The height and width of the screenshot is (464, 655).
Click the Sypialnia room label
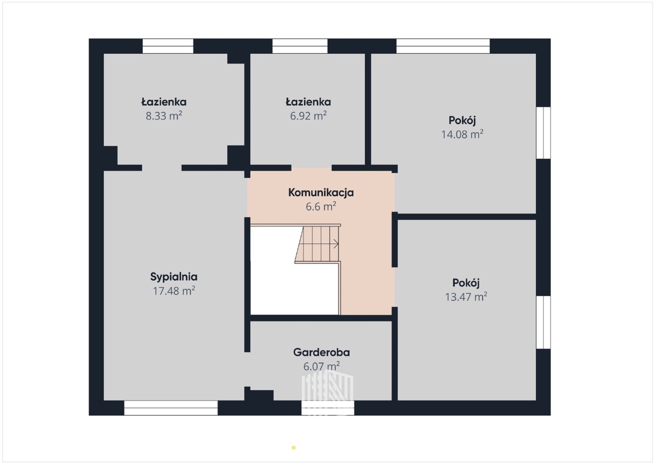point(173,277)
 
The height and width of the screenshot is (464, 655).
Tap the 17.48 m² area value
point(174,291)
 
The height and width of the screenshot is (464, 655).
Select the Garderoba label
point(321,352)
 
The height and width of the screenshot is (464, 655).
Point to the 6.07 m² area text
point(321,366)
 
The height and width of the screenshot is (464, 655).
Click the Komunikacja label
point(321,193)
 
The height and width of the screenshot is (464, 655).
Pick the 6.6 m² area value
point(321,206)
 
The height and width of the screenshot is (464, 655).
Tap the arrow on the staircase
point(336,244)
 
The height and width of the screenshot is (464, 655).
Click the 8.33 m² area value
point(164,116)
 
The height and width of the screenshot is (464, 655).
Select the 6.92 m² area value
point(308,116)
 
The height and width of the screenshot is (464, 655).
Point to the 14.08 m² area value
point(462,135)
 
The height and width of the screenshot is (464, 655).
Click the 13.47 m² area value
point(466,297)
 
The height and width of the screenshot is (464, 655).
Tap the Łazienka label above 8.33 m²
point(164,102)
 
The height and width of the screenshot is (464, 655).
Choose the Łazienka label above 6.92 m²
point(308,102)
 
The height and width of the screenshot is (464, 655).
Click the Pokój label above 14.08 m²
point(462,120)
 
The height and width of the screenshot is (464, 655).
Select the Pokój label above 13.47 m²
point(466,283)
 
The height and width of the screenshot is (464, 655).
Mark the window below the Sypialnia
point(171,408)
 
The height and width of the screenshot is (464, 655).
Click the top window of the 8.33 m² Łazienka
point(168,46)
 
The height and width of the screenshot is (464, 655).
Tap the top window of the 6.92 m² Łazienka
point(300,46)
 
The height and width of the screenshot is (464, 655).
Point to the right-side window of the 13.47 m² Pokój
point(543,323)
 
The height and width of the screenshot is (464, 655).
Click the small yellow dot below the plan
point(294,448)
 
